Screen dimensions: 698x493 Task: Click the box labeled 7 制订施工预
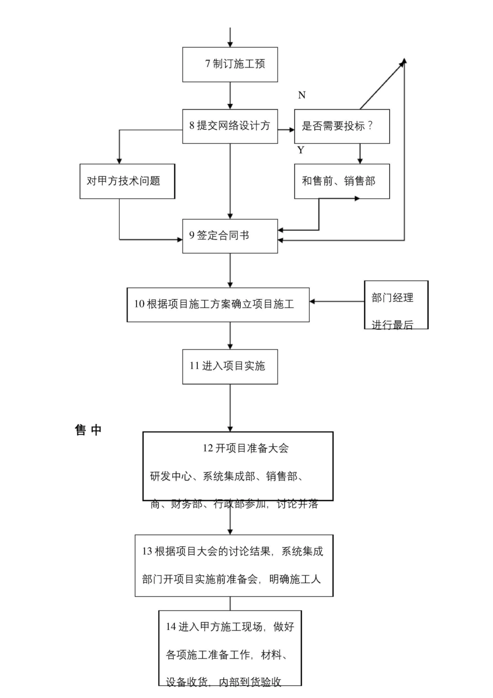pyautogui.click(x=230, y=64)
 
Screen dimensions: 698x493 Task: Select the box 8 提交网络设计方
pyautogui.click(x=230, y=126)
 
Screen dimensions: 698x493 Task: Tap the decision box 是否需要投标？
pyautogui.click(x=341, y=126)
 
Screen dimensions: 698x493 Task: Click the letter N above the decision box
pyautogui.click(x=302, y=95)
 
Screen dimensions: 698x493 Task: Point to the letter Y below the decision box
pyautogui.click(x=300, y=150)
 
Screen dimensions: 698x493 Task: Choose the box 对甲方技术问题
pyautogui.click(x=127, y=181)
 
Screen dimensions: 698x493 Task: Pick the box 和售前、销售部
pyautogui.click(x=341, y=181)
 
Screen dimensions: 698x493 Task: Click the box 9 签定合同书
pyautogui.click(x=230, y=236)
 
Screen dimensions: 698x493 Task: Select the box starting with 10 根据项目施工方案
pyautogui.click(x=218, y=305)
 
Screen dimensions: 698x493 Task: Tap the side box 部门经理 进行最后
pyautogui.click(x=396, y=305)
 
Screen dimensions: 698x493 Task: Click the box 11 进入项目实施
pyautogui.click(x=230, y=366)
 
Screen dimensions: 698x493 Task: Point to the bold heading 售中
pyautogui.click(x=88, y=430)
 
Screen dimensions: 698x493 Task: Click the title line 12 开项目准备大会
pyautogui.click(x=245, y=448)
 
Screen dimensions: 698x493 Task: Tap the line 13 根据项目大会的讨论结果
pyautogui.click(x=233, y=552)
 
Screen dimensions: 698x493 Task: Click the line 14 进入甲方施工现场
pyautogui.click(x=230, y=627)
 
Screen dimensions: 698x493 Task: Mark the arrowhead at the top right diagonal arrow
pyautogui.click(x=403, y=61)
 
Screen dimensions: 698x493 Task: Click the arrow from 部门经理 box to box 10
pyautogui.click(x=337, y=301)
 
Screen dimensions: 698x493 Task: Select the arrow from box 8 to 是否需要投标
pyautogui.click(x=286, y=129)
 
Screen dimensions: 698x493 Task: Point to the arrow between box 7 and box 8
pyautogui.click(x=230, y=96)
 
